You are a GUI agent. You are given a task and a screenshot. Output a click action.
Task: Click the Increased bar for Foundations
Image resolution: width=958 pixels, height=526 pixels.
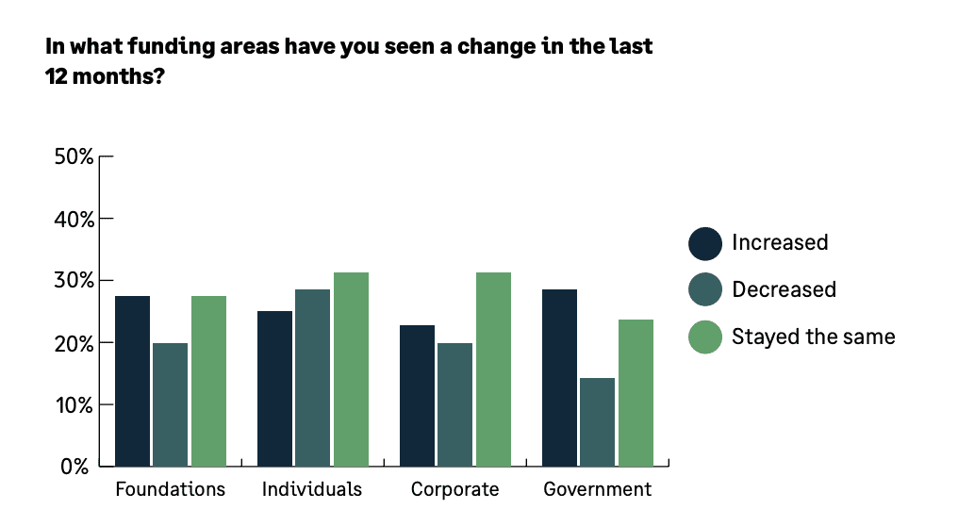(132, 381)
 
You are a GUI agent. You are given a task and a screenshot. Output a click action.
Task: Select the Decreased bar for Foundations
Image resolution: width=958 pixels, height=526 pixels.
(170, 404)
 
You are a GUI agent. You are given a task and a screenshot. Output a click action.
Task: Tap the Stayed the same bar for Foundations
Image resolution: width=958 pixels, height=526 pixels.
(208, 381)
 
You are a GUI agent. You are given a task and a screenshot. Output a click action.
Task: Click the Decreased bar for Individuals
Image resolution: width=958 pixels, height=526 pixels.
(312, 377)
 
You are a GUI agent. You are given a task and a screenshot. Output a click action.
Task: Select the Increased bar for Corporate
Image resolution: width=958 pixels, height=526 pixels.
(417, 396)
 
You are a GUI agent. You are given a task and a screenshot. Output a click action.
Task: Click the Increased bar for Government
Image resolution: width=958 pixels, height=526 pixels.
(559, 377)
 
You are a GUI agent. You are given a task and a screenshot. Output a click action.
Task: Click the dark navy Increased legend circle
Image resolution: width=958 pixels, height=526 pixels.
(705, 243)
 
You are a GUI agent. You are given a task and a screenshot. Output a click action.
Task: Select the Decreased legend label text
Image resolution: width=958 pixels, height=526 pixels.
(784, 289)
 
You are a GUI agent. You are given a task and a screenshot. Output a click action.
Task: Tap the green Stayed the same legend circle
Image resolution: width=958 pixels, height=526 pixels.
(705, 337)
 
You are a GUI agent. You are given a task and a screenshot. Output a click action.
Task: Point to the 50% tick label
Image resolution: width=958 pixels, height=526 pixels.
(74, 156)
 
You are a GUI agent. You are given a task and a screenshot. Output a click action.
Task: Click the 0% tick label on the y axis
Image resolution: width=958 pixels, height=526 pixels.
(80, 467)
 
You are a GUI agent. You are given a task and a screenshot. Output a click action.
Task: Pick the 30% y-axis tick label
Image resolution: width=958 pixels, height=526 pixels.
(74, 281)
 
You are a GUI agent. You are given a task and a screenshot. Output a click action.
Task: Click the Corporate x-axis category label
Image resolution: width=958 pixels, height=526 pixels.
(454, 489)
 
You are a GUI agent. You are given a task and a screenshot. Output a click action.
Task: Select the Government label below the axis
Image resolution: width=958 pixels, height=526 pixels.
(598, 489)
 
